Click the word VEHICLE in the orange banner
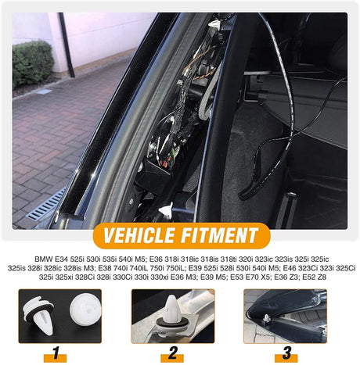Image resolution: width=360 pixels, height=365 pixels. [139, 235]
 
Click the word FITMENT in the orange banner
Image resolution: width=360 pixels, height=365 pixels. [220, 235]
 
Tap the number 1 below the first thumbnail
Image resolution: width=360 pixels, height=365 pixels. [56, 353]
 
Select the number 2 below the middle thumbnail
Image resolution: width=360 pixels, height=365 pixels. [172, 353]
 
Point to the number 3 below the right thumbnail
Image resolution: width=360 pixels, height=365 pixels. [286, 353]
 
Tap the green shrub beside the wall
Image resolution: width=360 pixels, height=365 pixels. [32, 63]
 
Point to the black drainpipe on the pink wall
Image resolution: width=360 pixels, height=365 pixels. [67, 45]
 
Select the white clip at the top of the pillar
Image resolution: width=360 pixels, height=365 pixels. [214, 24]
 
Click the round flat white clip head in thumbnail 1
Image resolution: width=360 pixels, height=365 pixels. [85, 309]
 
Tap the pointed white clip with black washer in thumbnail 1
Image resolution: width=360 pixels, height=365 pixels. [38, 314]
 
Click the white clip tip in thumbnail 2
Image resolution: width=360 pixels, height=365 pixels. [172, 308]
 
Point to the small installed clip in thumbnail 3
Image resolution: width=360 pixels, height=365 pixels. [267, 318]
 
